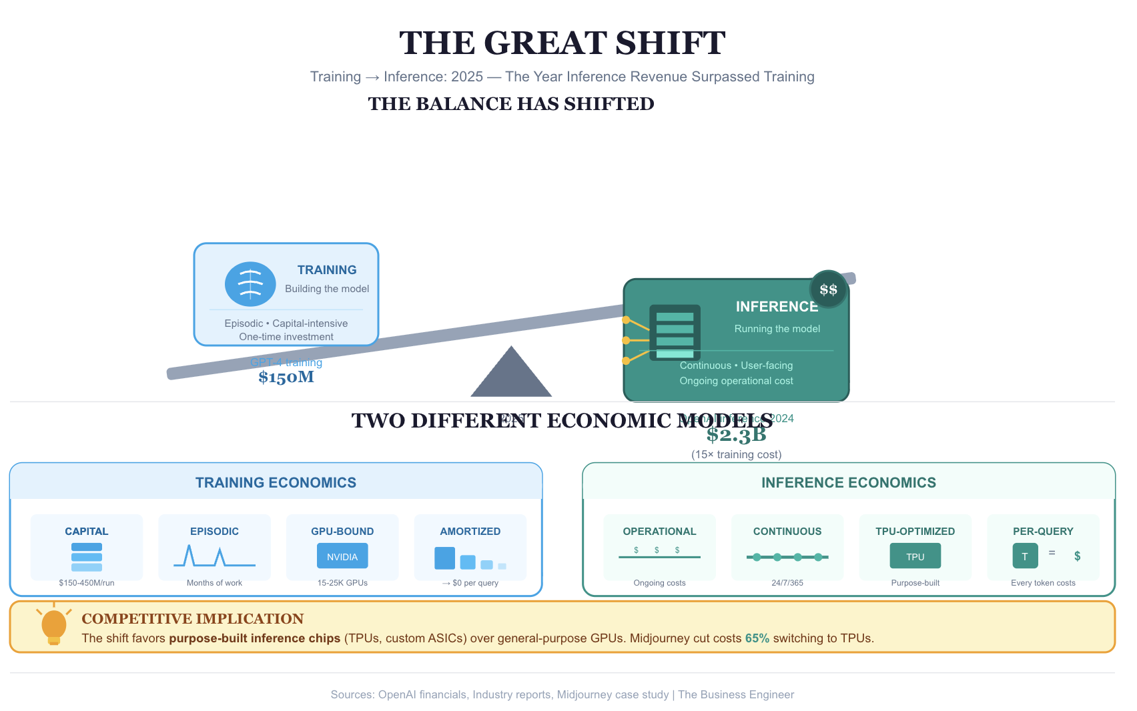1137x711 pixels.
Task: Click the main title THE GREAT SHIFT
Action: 562,43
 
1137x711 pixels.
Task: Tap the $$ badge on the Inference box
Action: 828,289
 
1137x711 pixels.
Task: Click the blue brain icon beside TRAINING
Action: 250,284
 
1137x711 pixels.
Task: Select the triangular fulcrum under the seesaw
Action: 511,374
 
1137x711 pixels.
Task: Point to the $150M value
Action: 286,378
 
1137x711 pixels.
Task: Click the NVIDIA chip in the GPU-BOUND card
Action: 342,556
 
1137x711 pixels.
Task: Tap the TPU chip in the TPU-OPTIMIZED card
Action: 915,556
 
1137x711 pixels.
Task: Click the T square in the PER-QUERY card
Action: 1025,556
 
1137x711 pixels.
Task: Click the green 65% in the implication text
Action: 757,638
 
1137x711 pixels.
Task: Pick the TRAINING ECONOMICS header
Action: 276,482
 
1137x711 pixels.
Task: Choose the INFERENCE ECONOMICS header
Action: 848,482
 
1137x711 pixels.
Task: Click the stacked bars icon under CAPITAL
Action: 87,557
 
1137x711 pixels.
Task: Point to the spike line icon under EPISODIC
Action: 214,556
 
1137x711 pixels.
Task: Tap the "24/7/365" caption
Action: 787,583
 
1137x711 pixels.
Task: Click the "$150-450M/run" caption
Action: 87,583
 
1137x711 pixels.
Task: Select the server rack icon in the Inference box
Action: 675,333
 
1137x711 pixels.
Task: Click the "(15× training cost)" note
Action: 736,454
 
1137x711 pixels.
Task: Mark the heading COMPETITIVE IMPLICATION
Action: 192,618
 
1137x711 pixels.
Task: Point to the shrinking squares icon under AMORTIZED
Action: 470,559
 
